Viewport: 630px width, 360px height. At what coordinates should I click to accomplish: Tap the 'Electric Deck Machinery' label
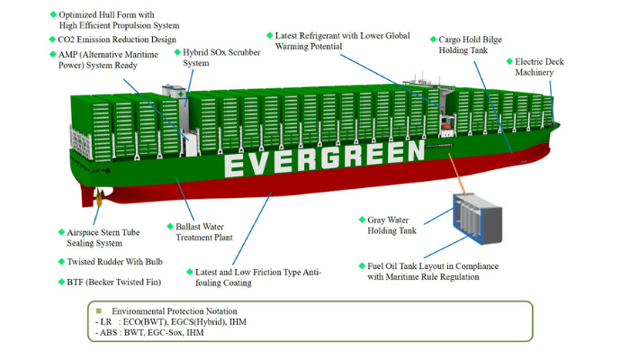[538, 67]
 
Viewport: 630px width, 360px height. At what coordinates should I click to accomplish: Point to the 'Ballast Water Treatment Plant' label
[200, 231]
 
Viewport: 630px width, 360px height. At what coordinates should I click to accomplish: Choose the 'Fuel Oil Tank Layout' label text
[432, 272]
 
